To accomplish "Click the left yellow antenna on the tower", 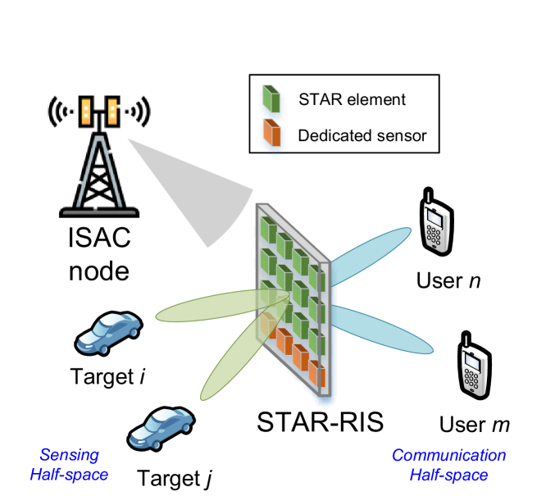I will pyautogui.click(x=85, y=111).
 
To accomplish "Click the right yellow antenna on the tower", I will pyautogui.click(x=112, y=111).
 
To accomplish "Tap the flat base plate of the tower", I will pyautogui.click(x=99, y=212).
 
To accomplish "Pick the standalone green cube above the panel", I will pyautogui.click(x=271, y=99).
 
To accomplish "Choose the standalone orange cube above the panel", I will pyautogui.click(x=271, y=134).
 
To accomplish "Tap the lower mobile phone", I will pyautogui.click(x=474, y=370).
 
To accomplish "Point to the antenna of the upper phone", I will pyautogui.click(x=427, y=199).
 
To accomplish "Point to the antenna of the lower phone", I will pyautogui.click(x=466, y=342).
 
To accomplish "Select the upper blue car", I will pyautogui.click(x=108, y=332).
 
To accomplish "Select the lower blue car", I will pyautogui.click(x=161, y=427).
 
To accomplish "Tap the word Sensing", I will pyautogui.click(x=70, y=455).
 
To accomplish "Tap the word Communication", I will pyautogui.click(x=448, y=455).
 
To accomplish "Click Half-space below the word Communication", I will pyautogui.click(x=448, y=475).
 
